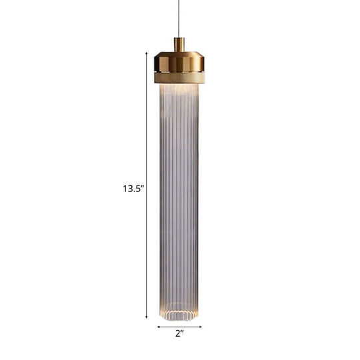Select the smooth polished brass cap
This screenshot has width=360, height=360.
click(x=178, y=63)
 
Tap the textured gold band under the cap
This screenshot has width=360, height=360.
click(x=178, y=78)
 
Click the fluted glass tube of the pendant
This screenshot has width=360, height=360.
click(x=178, y=200)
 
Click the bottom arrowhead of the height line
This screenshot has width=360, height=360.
click(x=147, y=315)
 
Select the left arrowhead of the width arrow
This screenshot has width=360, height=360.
click(x=159, y=327)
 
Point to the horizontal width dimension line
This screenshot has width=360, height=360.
click(x=178, y=327)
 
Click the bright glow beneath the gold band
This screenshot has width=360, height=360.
click(x=178, y=90)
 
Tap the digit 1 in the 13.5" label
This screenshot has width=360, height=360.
click(x=125, y=189)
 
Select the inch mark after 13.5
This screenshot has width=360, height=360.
click(x=143, y=187)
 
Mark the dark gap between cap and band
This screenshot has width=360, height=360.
click(x=178, y=73)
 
